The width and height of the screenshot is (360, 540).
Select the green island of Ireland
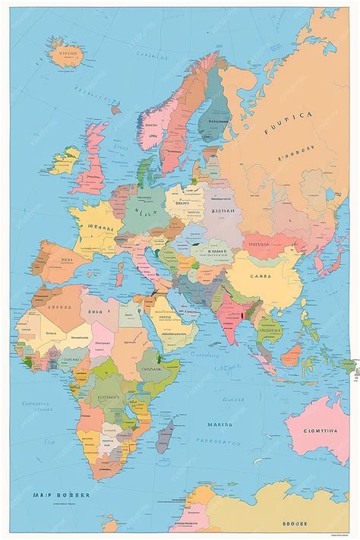[x=66, y=160]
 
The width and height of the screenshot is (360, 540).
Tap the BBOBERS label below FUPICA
[x=292, y=159]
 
